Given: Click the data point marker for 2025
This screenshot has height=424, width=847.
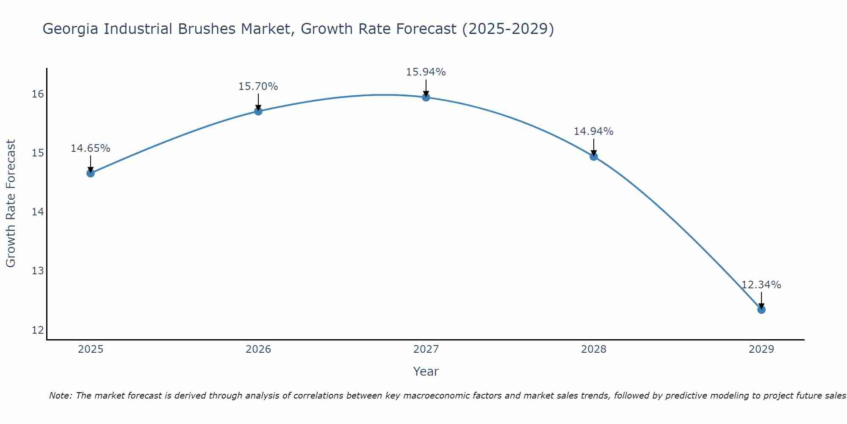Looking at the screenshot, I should tap(90, 173).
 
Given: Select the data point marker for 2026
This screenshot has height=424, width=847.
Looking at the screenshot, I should tap(258, 111).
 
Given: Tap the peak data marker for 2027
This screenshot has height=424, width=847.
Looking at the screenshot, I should tap(426, 97).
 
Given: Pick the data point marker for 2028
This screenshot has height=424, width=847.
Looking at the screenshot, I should tap(593, 156).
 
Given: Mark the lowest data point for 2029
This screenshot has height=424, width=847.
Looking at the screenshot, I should tap(761, 310).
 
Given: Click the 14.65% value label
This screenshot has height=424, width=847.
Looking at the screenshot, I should tap(90, 148).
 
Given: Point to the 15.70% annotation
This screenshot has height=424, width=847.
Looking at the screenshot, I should tap(258, 86).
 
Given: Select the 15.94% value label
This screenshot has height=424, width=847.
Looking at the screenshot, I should tap(426, 72).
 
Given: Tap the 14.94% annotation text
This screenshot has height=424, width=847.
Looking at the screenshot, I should tap(593, 131).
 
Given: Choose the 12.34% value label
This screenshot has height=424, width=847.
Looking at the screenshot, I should tap(761, 285).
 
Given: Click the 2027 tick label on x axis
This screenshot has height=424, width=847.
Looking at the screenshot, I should tap(426, 349).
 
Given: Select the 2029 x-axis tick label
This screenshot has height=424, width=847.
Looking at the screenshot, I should tap(761, 349).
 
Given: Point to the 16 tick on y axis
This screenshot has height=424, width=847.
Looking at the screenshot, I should tap(38, 94).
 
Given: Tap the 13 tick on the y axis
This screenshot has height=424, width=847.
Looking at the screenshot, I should tap(38, 271).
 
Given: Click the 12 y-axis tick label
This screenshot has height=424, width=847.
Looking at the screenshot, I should tap(38, 330).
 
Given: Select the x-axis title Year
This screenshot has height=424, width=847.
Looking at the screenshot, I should tap(426, 371).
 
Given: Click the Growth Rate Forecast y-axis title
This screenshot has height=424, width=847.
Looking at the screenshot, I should tap(11, 203).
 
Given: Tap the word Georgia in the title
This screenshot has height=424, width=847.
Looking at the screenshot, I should tap(71, 29).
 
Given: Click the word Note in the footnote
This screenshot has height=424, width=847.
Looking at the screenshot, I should tap(61, 396).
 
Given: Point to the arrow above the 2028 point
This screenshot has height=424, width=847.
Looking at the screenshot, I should tap(593, 147).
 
